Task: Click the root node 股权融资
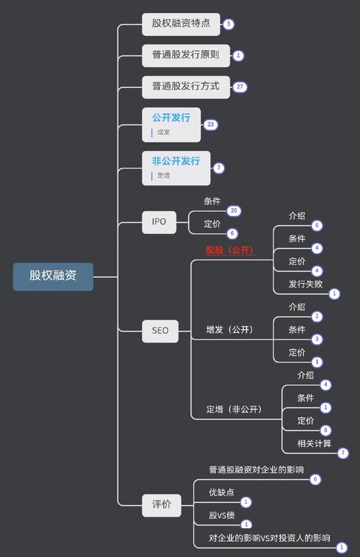[53, 276]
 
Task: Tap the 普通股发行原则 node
[186, 55]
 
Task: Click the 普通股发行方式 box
[186, 86]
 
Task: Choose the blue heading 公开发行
[171, 117]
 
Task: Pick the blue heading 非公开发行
[176, 160]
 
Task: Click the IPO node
[158, 222]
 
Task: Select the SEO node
[160, 331]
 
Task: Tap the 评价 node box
[161, 504]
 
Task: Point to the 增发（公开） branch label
[229, 330]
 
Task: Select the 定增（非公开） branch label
[233, 409]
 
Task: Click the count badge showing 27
[240, 86]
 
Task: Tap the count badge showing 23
[210, 124]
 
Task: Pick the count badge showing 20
[233, 211]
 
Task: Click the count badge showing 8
[325, 430]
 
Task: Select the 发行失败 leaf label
[305, 283]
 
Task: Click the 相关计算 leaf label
[314, 443]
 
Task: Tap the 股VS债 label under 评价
[222, 515]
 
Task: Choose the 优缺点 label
[222, 492]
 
